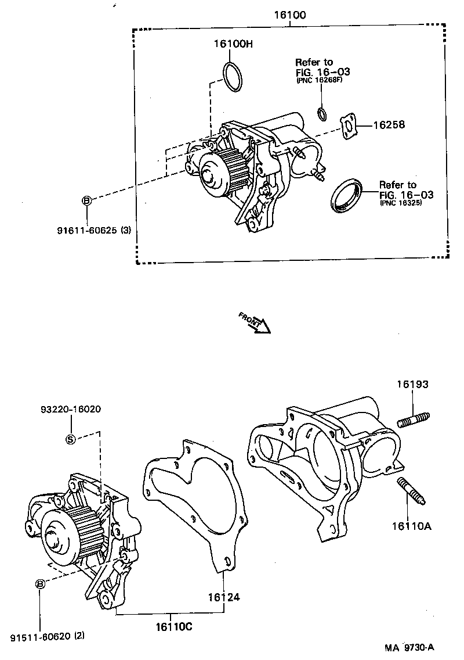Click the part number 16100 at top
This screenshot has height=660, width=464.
[x=289, y=15]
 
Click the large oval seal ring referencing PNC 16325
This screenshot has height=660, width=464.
[x=347, y=196]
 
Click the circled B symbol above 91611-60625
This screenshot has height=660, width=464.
[x=86, y=200]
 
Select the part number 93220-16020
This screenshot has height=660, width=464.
[x=70, y=409]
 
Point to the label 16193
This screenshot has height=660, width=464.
[x=412, y=384]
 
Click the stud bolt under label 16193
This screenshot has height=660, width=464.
[x=413, y=419]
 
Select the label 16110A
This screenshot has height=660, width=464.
[x=412, y=526]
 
